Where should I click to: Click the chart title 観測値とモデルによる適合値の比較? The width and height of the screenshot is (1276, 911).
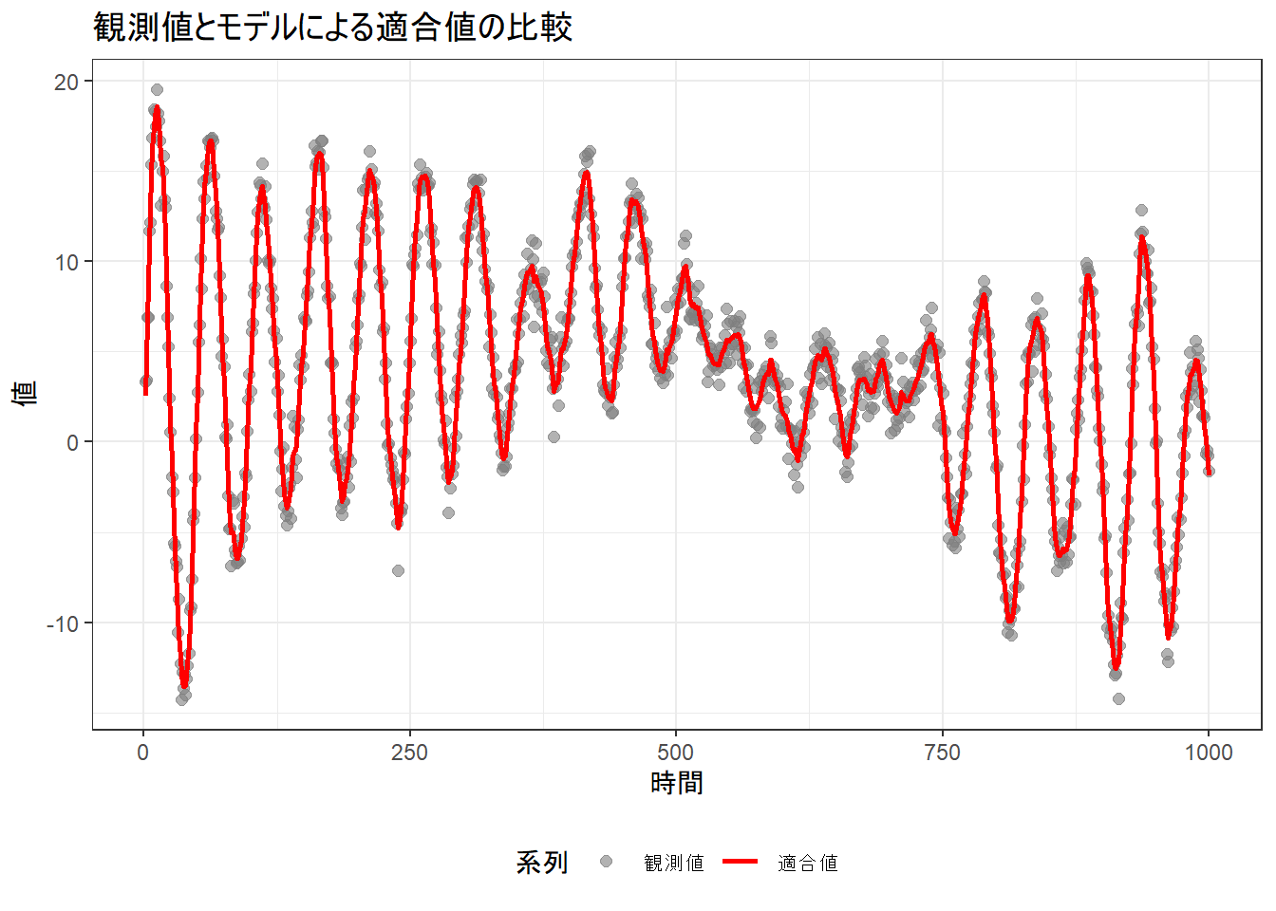(x=332, y=28)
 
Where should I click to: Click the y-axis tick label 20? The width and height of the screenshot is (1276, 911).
(x=66, y=82)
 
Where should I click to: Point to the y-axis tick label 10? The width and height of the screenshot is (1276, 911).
(x=66, y=262)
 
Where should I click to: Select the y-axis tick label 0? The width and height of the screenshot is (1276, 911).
(x=73, y=442)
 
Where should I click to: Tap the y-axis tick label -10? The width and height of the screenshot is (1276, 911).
(x=64, y=623)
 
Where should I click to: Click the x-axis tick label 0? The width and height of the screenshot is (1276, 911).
(x=143, y=753)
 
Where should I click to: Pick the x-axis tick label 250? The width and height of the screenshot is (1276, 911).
(x=409, y=753)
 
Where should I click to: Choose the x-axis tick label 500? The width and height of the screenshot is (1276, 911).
(x=676, y=753)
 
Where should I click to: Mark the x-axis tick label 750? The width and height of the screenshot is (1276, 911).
(x=942, y=753)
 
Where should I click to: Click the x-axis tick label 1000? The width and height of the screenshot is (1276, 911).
(x=1208, y=753)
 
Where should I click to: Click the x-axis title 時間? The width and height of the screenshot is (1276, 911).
(x=676, y=784)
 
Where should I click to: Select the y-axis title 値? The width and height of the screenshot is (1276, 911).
(x=26, y=393)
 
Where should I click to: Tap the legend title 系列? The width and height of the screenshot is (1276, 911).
(x=542, y=863)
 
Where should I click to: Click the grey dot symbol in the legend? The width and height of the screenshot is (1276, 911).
(x=606, y=862)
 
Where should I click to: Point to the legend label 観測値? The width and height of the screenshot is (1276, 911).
(x=674, y=863)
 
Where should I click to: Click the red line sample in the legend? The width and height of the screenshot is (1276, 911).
(x=740, y=862)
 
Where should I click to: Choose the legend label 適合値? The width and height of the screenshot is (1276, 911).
(x=807, y=863)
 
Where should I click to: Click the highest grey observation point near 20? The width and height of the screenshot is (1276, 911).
(x=157, y=90)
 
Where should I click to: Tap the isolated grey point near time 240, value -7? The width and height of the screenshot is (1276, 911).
(x=398, y=570)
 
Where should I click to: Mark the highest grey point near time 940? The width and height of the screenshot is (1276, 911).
(x=1141, y=211)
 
